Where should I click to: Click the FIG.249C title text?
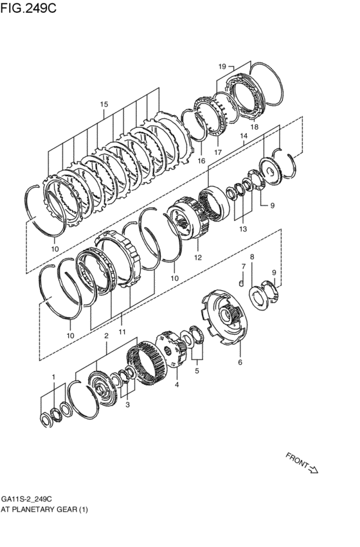[28, 8]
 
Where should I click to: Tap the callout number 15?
[104, 104]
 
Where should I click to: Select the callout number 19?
[222, 66]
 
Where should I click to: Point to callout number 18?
[255, 127]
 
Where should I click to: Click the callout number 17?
[218, 152]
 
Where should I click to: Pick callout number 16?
[201, 161]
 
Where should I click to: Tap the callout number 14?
[244, 136]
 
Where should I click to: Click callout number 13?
[243, 229]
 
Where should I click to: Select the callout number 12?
[198, 258]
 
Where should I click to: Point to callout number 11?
[122, 332]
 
